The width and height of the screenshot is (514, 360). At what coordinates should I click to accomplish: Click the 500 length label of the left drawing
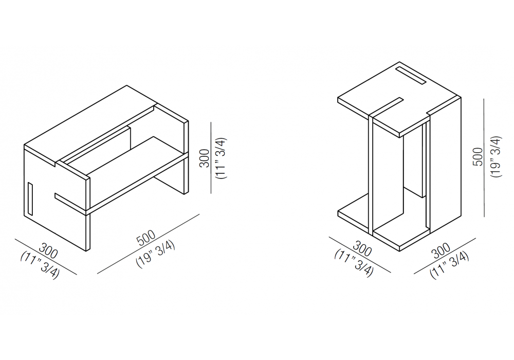click(x=146, y=238)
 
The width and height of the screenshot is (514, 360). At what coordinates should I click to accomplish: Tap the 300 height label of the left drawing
click(x=205, y=158)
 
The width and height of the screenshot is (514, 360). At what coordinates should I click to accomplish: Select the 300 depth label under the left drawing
click(x=48, y=251)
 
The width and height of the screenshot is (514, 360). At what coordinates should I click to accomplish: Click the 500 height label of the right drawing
click(x=478, y=157)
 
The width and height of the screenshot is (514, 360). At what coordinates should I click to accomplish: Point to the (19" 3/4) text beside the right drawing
click(x=497, y=157)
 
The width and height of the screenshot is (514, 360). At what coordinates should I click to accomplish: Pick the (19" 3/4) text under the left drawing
click(x=156, y=255)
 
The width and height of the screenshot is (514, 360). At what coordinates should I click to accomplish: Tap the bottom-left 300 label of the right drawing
click(x=362, y=248)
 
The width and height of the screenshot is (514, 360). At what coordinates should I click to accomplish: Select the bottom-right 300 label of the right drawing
click(x=441, y=251)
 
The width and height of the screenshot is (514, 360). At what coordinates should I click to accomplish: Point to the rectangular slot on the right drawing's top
click(x=411, y=76)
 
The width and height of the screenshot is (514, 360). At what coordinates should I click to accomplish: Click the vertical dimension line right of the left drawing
click(x=211, y=158)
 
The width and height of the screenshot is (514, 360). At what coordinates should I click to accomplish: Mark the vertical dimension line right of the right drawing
click(x=484, y=157)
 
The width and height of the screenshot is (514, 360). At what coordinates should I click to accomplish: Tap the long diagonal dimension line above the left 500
click(x=149, y=244)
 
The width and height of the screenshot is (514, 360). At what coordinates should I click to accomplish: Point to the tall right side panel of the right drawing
click(x=445, y=165)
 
